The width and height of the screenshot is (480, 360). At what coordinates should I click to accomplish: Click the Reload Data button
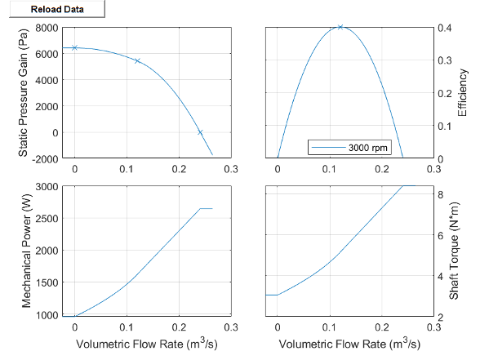[x=53, y=10]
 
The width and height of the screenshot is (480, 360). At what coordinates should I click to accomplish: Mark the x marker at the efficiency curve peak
[x=340, y=27]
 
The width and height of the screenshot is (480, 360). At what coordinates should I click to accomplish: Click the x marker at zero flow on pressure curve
[x=75, y=47]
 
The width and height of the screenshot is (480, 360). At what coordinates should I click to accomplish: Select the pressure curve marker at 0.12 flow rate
[x=137, y=60]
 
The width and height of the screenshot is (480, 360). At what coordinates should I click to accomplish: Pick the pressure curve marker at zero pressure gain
[x=200, y=132]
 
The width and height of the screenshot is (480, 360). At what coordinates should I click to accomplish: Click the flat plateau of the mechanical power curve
[x=206, y=209]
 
